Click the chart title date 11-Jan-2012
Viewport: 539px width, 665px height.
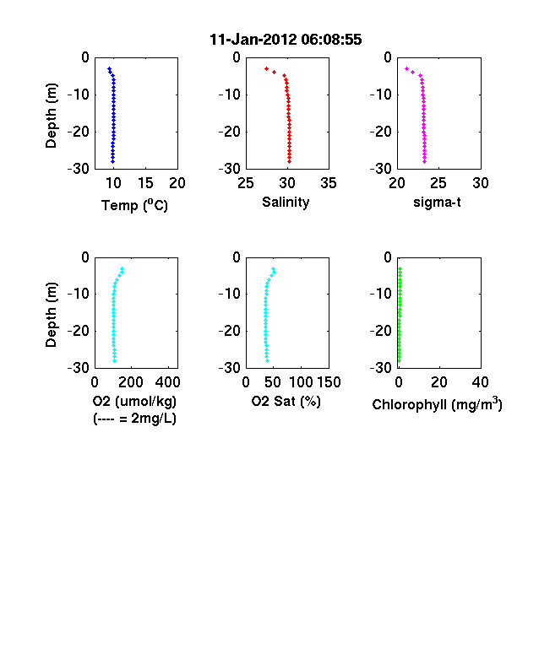click(253, 40)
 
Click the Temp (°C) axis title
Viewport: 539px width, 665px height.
click(134, 205)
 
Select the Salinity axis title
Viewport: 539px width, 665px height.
click(286, 202)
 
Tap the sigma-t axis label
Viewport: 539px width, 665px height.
click(437, 203)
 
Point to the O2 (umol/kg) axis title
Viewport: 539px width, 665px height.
click(134, 401)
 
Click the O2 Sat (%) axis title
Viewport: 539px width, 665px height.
click(286, 401)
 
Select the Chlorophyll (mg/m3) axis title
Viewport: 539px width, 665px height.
click(437, 404)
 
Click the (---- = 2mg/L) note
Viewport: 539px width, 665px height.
click(134, 419)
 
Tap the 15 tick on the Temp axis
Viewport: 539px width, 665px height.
click(145, 183)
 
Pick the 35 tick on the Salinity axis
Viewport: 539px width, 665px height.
click(329, 183)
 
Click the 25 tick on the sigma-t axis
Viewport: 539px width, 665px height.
click(438, 183)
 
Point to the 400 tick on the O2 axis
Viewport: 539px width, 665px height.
click(167, 382)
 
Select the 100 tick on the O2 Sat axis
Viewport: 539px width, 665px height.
click(301, 382)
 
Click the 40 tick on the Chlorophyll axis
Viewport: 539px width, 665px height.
click(480, 382)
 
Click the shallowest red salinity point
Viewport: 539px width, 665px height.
click(266, 68)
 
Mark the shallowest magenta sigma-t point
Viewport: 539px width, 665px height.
click(406, 68)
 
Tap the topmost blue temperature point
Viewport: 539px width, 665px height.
click(109, 68)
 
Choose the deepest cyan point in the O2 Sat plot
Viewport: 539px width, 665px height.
click(267, 360)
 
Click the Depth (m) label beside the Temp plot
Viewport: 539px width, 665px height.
click(51, 116)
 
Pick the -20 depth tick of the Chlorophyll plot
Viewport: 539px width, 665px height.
click(381, 331)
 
